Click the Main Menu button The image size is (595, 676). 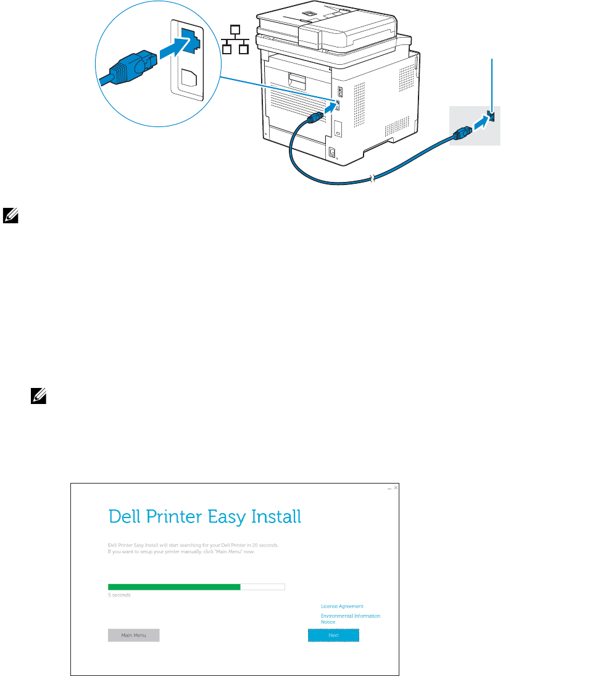(133, 635)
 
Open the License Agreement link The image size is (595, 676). (342, 606)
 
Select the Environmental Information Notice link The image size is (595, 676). (350, 619)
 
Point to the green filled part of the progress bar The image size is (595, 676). (174, 587)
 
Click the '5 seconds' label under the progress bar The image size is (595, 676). (119, 595)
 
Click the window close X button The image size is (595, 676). (396, 488)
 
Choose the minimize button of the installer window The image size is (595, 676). (389, 488)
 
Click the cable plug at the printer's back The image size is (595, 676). (314, 117)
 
